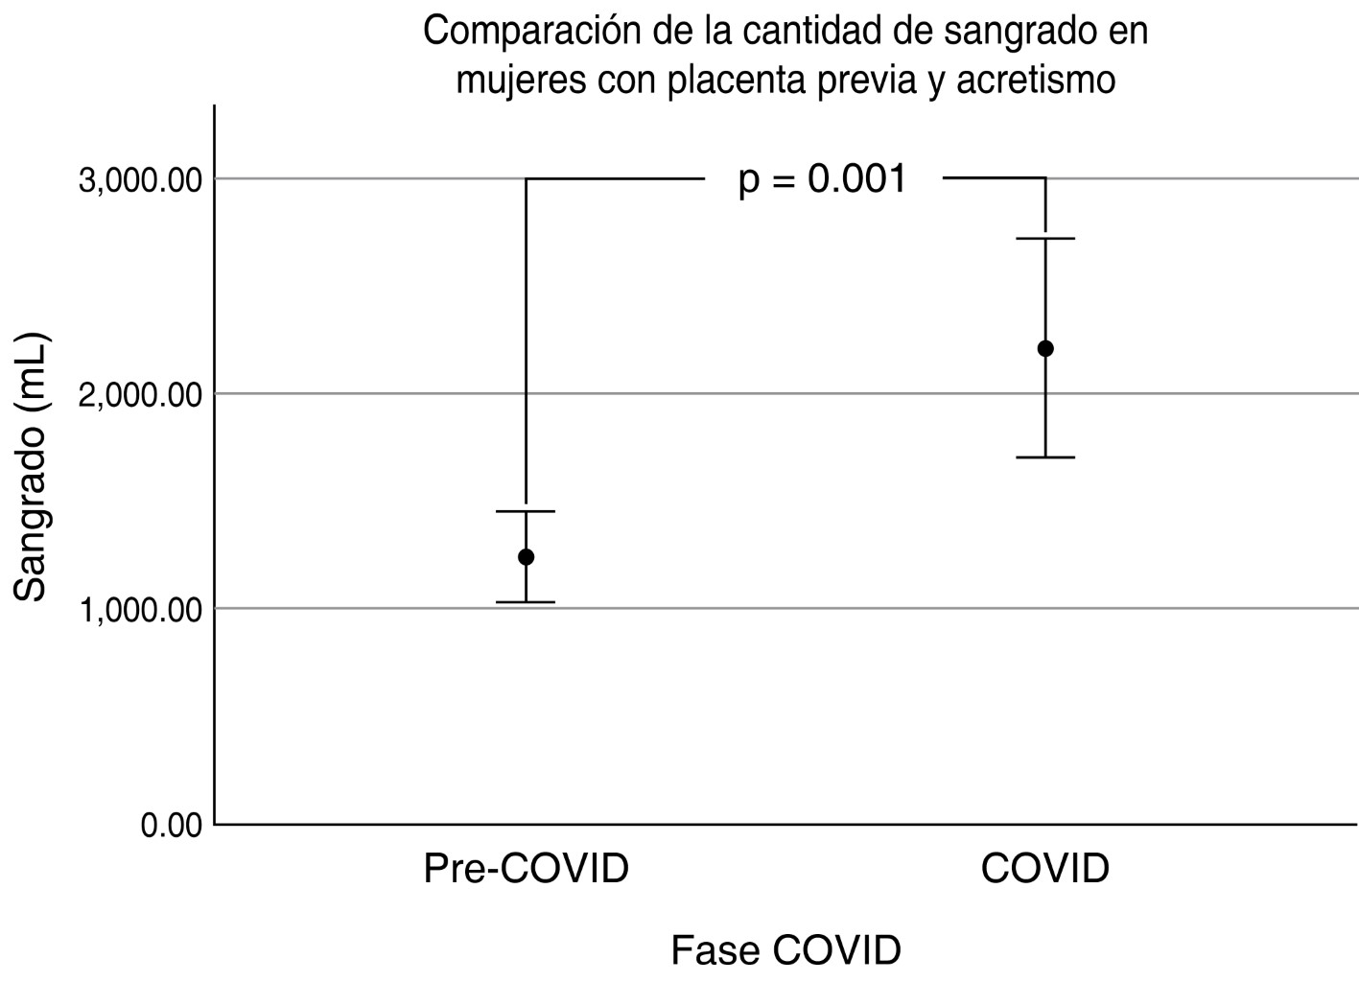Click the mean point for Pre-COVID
(x=526, y=557)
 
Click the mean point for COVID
(x=1045, y=348)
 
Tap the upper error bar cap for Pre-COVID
(x=526, y=511)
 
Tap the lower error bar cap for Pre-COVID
(x=526, y=602)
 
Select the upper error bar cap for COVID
(x=1045, y=238)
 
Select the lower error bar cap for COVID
(x=1045, y=457)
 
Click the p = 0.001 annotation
(x=822, y=179)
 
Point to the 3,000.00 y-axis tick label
(x=141, y=180)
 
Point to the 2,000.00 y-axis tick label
(x=141, y=395)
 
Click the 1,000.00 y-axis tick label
(x=141, y=610)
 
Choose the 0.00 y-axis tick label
(x=172, y=825)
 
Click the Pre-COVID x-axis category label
(x=526, y=869)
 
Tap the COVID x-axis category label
(x=1044, y=869)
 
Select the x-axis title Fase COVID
(x=785, y=950)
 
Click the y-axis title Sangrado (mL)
(x=32, y=467)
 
